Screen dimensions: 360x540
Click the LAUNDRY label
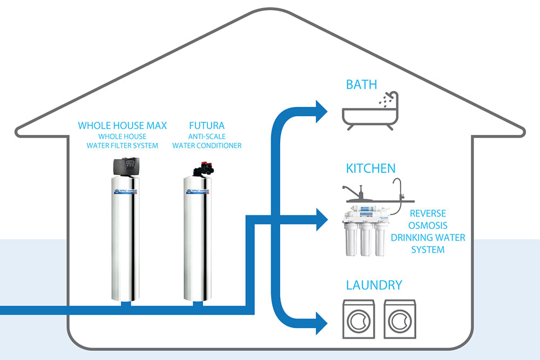click(x=374, y=285)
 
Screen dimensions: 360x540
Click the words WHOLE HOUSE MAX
click(x=123, y=126)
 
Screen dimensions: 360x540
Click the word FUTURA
click(x=206, y=126)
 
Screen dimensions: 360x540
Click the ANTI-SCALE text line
click(x=206, y=137)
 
